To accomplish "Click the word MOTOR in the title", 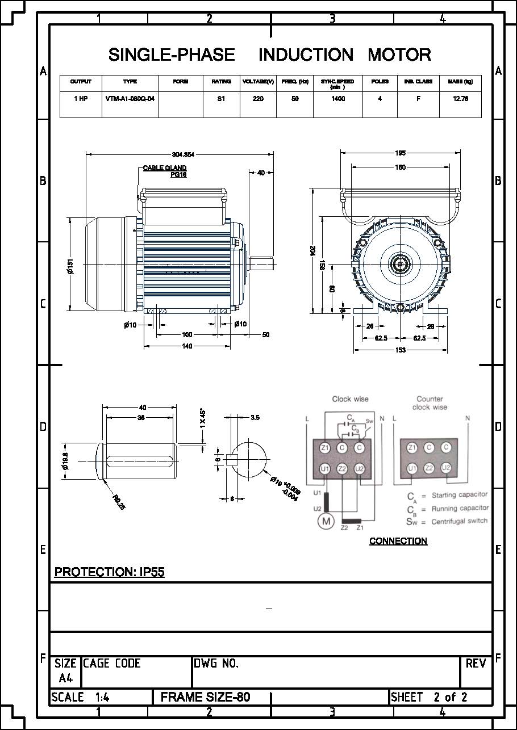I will [399, 55].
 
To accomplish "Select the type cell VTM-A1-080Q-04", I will [130, 99].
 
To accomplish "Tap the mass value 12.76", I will [460, 99].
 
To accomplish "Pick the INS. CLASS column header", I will [418, 82].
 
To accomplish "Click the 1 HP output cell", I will [81, 99].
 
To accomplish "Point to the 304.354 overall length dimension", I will [183, 154].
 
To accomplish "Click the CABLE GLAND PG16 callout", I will [165, 171].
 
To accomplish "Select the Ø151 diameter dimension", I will [70, 266].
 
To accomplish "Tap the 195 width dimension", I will [400, 153].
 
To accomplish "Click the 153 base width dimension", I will [400, 350].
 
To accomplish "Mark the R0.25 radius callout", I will [119, 502].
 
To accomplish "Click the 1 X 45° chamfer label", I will [203, 419].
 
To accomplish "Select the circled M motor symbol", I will [326, 521].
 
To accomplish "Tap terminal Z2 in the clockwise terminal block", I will [342, 469].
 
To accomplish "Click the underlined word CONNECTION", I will [398, 541].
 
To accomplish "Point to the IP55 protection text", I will [152, 572].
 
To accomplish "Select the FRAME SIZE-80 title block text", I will [205, 697].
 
